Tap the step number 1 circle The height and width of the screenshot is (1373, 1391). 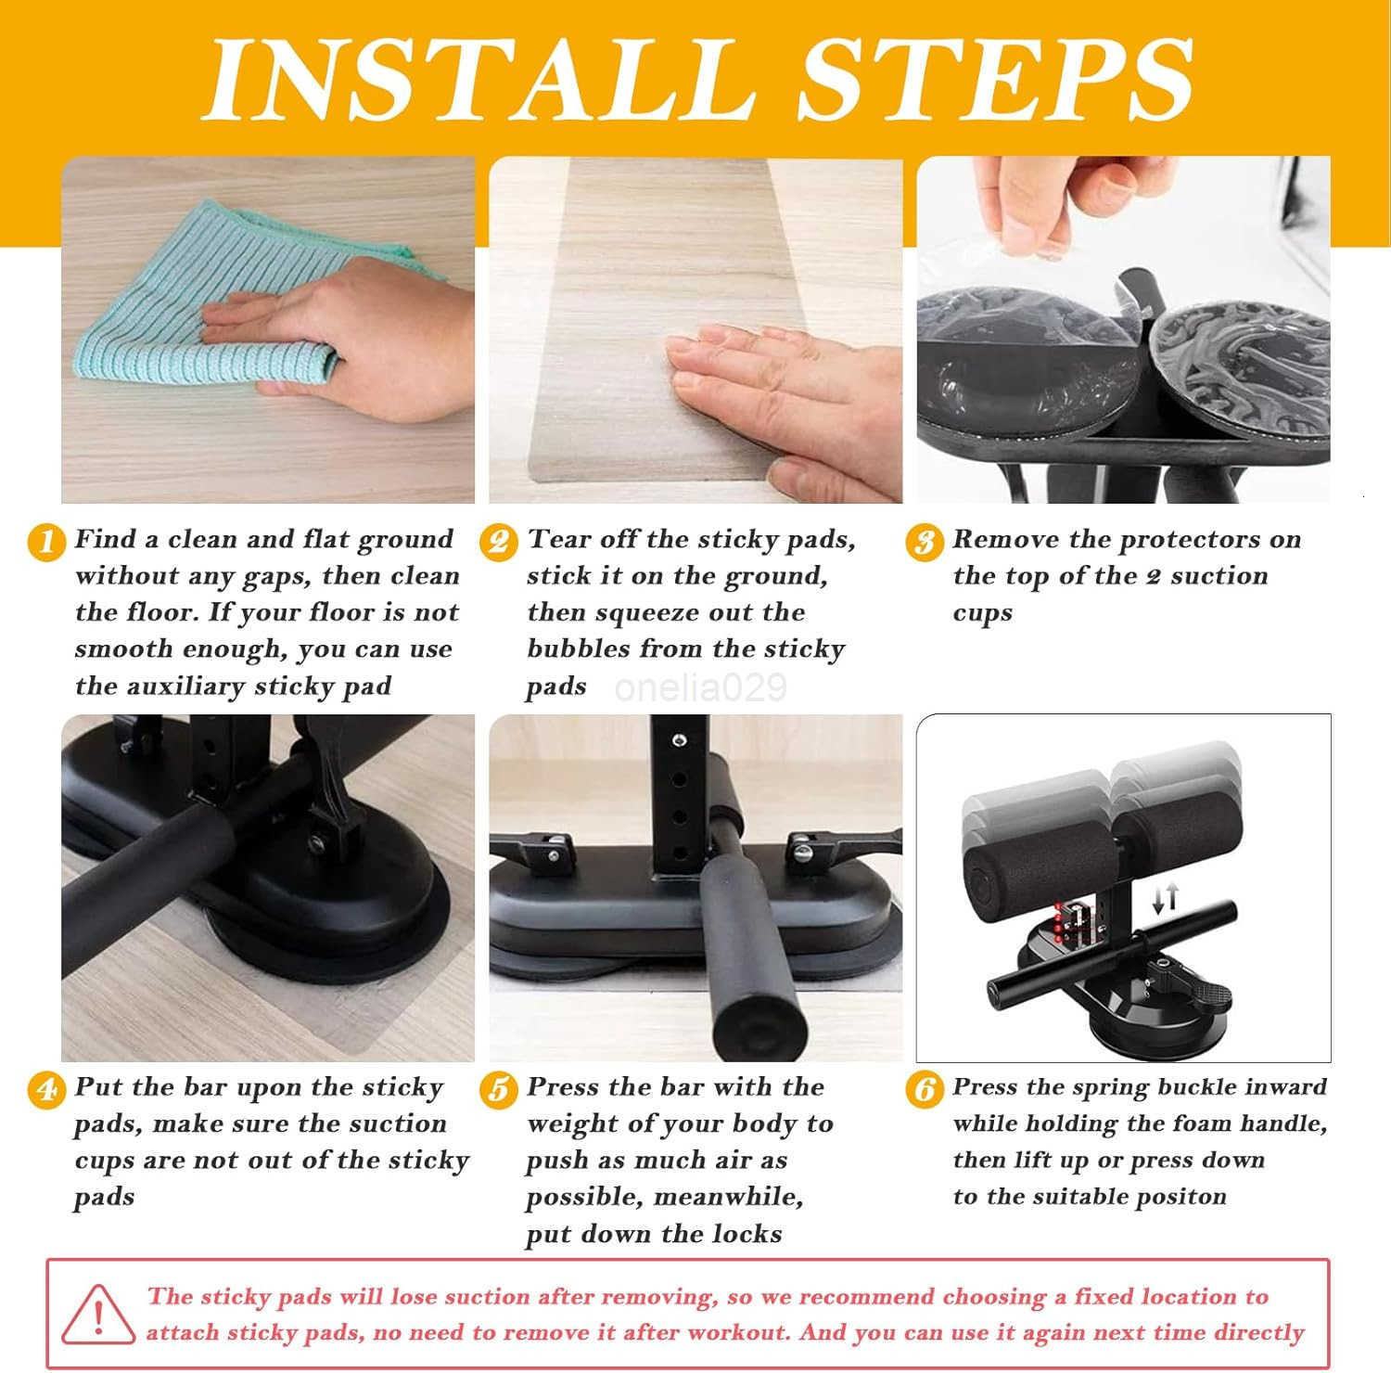coord(46,541)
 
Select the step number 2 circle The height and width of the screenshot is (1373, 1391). coord(499,541)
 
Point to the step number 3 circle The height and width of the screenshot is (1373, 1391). coord(925,541)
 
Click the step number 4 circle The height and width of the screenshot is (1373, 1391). coord(46,1088)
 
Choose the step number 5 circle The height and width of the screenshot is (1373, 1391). coord(499,1088)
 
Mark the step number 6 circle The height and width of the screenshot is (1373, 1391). coord(925,1088)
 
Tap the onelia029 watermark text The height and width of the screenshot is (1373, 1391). coord(700,687)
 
